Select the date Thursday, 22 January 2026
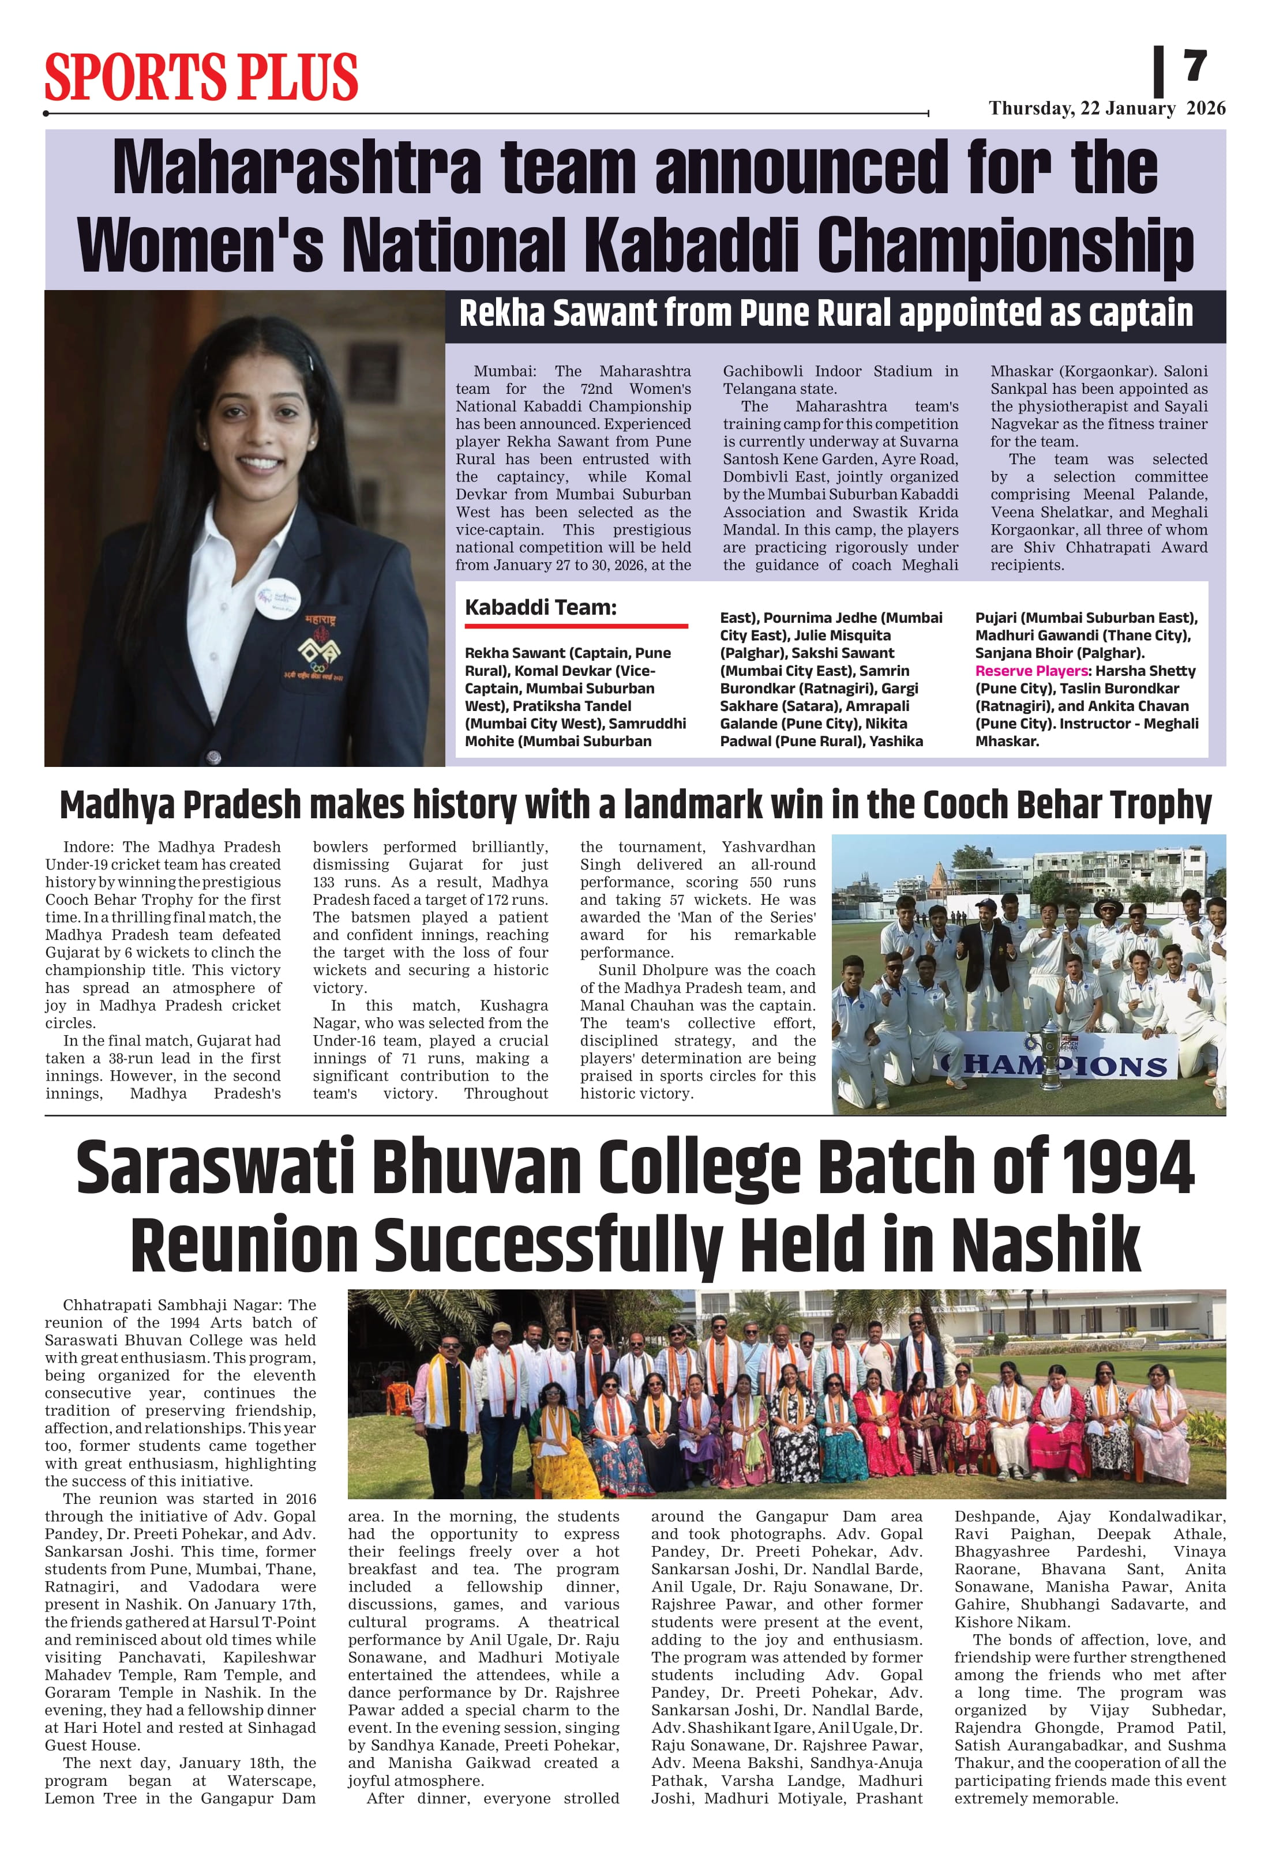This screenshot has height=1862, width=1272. point(1106,108)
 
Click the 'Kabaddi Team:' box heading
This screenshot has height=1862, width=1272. point(541,607)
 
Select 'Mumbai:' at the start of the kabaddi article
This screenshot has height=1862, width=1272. point(504,371)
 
